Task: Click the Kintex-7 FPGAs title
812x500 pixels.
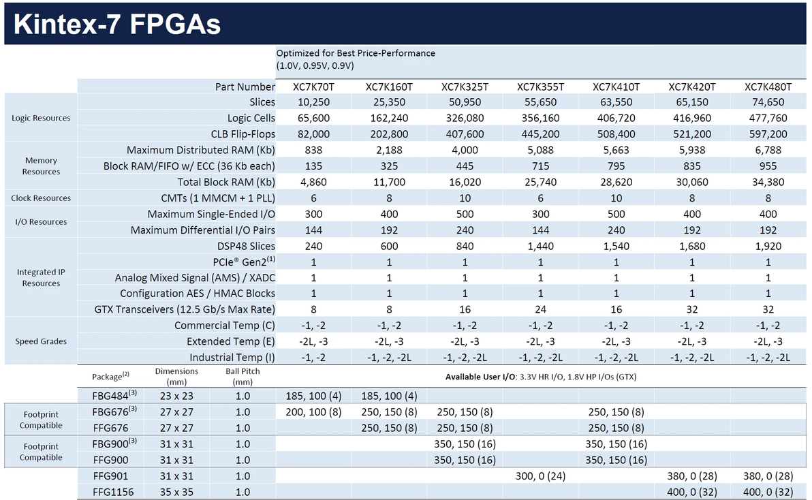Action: coord(117,25)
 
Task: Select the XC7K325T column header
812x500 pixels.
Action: coord(465,87)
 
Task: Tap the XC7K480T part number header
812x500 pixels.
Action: coord(768,87)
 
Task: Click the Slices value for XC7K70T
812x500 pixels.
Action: coord(313,102)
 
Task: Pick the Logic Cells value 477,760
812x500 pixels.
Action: coord(768,119)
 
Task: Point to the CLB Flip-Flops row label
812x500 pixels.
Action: coord(243,134)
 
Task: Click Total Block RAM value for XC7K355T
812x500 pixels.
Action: coord(540,182)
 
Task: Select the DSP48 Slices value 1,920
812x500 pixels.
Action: coord(768,247)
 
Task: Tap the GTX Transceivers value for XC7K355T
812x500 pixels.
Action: coord(540,309)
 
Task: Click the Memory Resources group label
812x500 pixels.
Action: coord(41,166)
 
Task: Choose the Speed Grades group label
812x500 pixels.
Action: coord(41,341)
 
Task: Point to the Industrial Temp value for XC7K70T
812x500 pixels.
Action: coord(313,358)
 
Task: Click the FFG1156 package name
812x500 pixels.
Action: coord(113,493)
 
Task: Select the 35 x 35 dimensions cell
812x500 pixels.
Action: coord(176,493)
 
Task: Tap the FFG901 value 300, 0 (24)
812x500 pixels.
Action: coord(540,476)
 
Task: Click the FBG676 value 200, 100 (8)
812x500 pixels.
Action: coord(313,413)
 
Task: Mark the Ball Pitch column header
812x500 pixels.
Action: coord(243,377)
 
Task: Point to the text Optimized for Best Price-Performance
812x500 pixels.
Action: coord(356,53)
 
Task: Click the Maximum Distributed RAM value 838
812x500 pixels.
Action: coord(313,150)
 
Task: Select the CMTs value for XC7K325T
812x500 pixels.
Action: coord(465,198)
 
